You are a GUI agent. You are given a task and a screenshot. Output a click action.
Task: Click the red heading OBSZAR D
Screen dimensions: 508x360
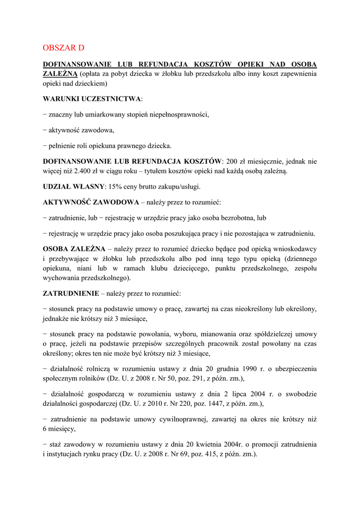click(64, 48)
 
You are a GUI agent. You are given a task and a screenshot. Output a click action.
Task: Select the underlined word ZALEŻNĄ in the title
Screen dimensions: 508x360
click(60, 74)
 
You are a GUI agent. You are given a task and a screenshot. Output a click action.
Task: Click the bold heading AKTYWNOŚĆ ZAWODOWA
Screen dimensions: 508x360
click(91, 202)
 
